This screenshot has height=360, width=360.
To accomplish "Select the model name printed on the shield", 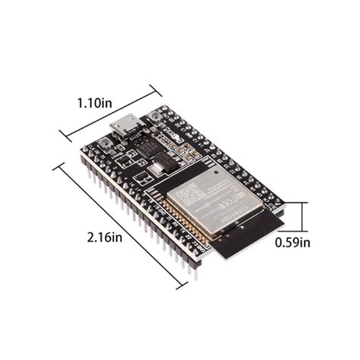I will [225, 207].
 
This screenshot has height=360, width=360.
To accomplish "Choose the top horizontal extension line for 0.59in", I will [296, 203].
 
